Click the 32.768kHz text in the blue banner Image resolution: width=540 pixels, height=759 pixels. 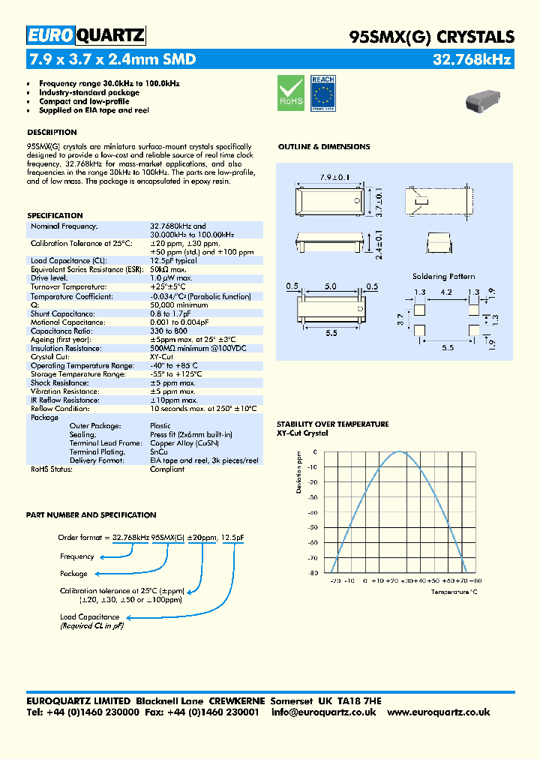point(473,59)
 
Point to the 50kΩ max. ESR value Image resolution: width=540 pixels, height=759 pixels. point(168,268)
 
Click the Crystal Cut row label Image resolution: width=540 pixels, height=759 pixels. point(50,356)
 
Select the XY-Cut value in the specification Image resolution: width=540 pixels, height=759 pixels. point(161,356)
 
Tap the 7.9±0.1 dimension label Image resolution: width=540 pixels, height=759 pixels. point(336,177)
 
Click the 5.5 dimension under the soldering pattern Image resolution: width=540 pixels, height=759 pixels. point(448,348)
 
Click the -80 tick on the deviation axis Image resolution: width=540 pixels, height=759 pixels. point(312,574)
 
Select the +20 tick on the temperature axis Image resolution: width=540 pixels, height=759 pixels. point(393,581)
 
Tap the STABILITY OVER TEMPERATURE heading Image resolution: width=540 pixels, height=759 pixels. point(332,424)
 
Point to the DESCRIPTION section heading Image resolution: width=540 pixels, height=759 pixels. point(52,133)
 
